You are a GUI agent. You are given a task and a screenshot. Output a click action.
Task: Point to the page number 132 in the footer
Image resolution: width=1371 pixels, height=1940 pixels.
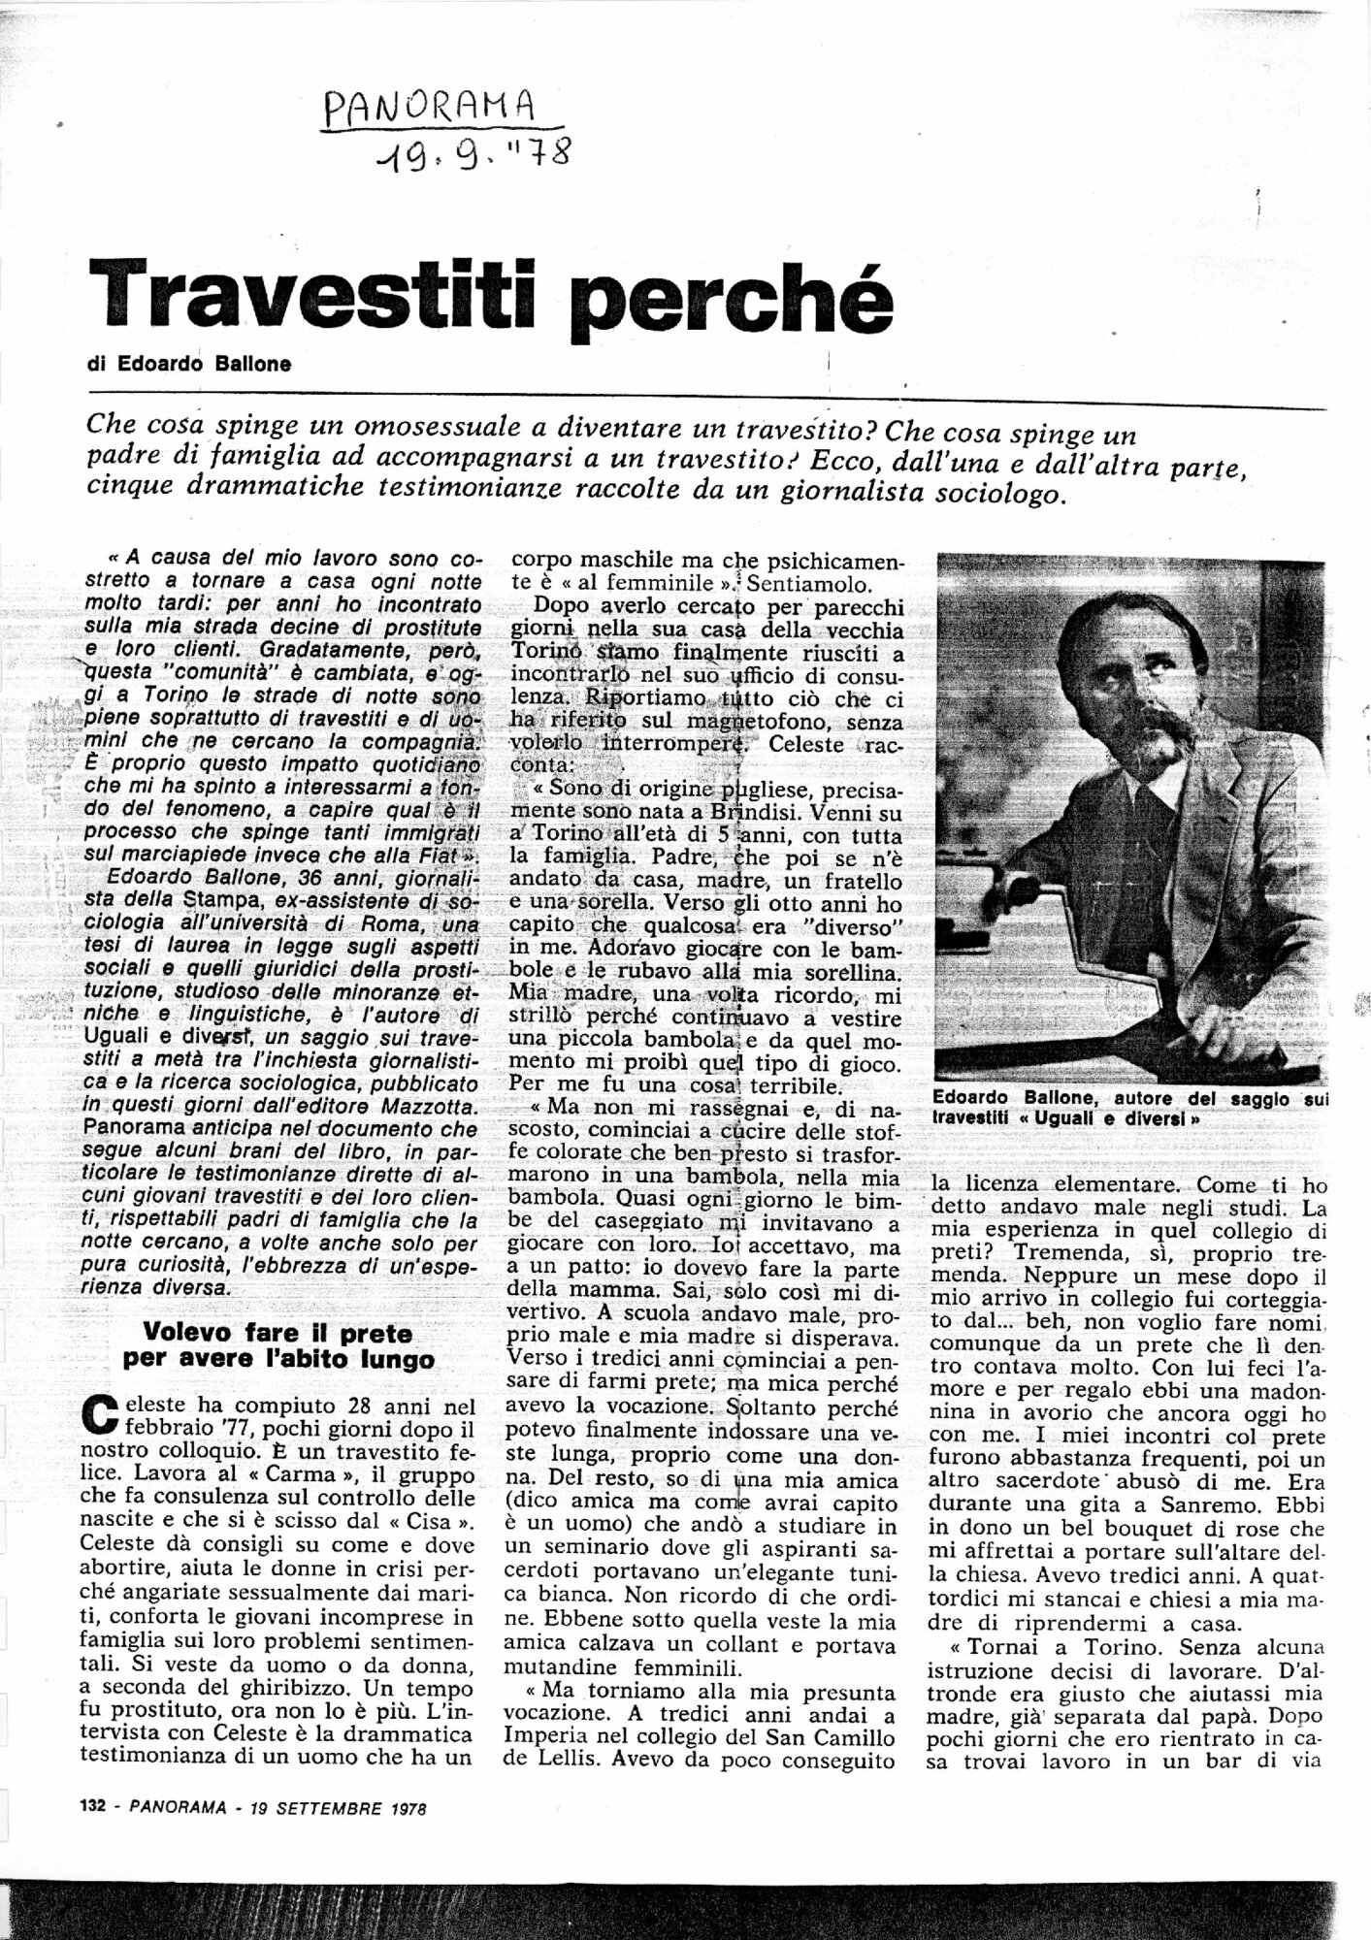(x=91, y=1807)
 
